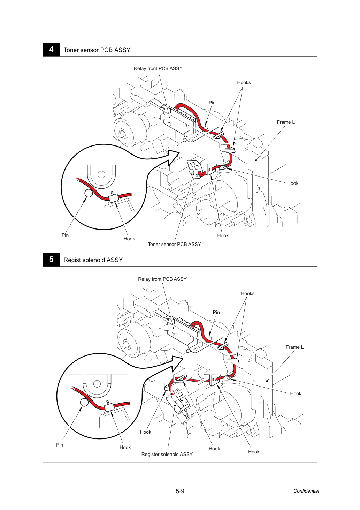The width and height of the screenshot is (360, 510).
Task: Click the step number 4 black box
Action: pos(51,50)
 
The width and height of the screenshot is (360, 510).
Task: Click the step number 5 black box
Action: pos(51,260)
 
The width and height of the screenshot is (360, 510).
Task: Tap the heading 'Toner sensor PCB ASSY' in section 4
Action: pos(97,50)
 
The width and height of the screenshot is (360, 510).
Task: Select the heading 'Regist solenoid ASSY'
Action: pos(93,260)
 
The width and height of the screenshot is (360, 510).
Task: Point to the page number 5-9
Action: pos(180,491)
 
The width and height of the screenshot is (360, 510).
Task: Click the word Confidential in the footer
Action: pos(306,491)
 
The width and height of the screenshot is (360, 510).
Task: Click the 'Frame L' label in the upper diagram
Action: pos(286,122)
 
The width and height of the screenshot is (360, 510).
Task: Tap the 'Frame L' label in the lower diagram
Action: pos(294,347)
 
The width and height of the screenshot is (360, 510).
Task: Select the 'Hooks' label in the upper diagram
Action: pos(244,82)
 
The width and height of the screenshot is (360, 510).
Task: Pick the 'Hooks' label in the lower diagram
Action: pos(248,293)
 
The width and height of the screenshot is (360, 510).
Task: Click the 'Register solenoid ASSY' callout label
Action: pos(167,454)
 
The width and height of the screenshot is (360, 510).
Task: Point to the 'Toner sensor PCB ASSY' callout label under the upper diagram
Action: pos(175,244)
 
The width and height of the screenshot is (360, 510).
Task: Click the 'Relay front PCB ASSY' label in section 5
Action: pos(162,279)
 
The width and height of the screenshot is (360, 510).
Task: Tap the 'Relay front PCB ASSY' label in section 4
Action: pos(158,68)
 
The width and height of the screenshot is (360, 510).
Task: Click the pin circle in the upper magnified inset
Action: pos(89,193)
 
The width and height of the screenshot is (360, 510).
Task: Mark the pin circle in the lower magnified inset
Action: pos(84,403)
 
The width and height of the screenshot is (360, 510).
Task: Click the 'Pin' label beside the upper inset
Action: pos(65,235)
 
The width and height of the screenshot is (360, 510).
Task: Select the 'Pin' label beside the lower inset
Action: pos(60,445)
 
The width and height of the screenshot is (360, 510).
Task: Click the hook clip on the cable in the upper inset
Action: pos(113,197)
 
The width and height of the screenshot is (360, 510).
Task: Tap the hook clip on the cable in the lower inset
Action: pos(109,406)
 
